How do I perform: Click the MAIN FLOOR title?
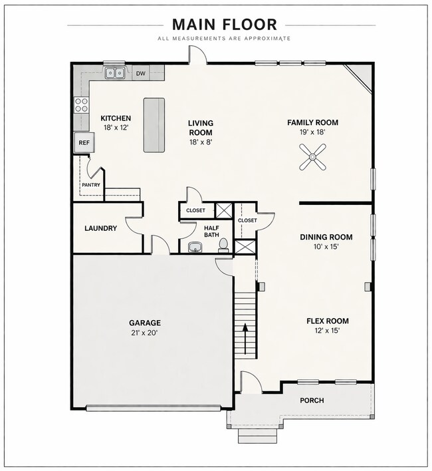click(x=225, y=25)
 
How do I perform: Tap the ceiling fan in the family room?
click(x=312, y=157)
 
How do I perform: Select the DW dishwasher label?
click(x=141, y=73)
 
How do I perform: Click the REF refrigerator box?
click(x=84, y=142)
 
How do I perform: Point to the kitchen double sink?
click(x=115, y=73)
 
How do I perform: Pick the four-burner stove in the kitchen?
click(x=81, y=105)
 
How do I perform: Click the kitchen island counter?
click(x=154, y=125)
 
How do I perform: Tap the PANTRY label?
click(x=91, y=185)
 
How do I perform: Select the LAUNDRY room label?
click(x=100, y=228)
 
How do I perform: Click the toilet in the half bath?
click(x=223, y=245)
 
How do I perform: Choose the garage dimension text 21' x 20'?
click(x=145, y=333)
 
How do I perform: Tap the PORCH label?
click(x=312, y=400)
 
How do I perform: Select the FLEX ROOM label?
click(x=328, y=321)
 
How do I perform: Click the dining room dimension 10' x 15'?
click(x=326, y=247)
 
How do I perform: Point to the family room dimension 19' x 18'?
click(x=312, y=132)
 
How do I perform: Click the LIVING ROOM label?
click(x=201, y=128)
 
